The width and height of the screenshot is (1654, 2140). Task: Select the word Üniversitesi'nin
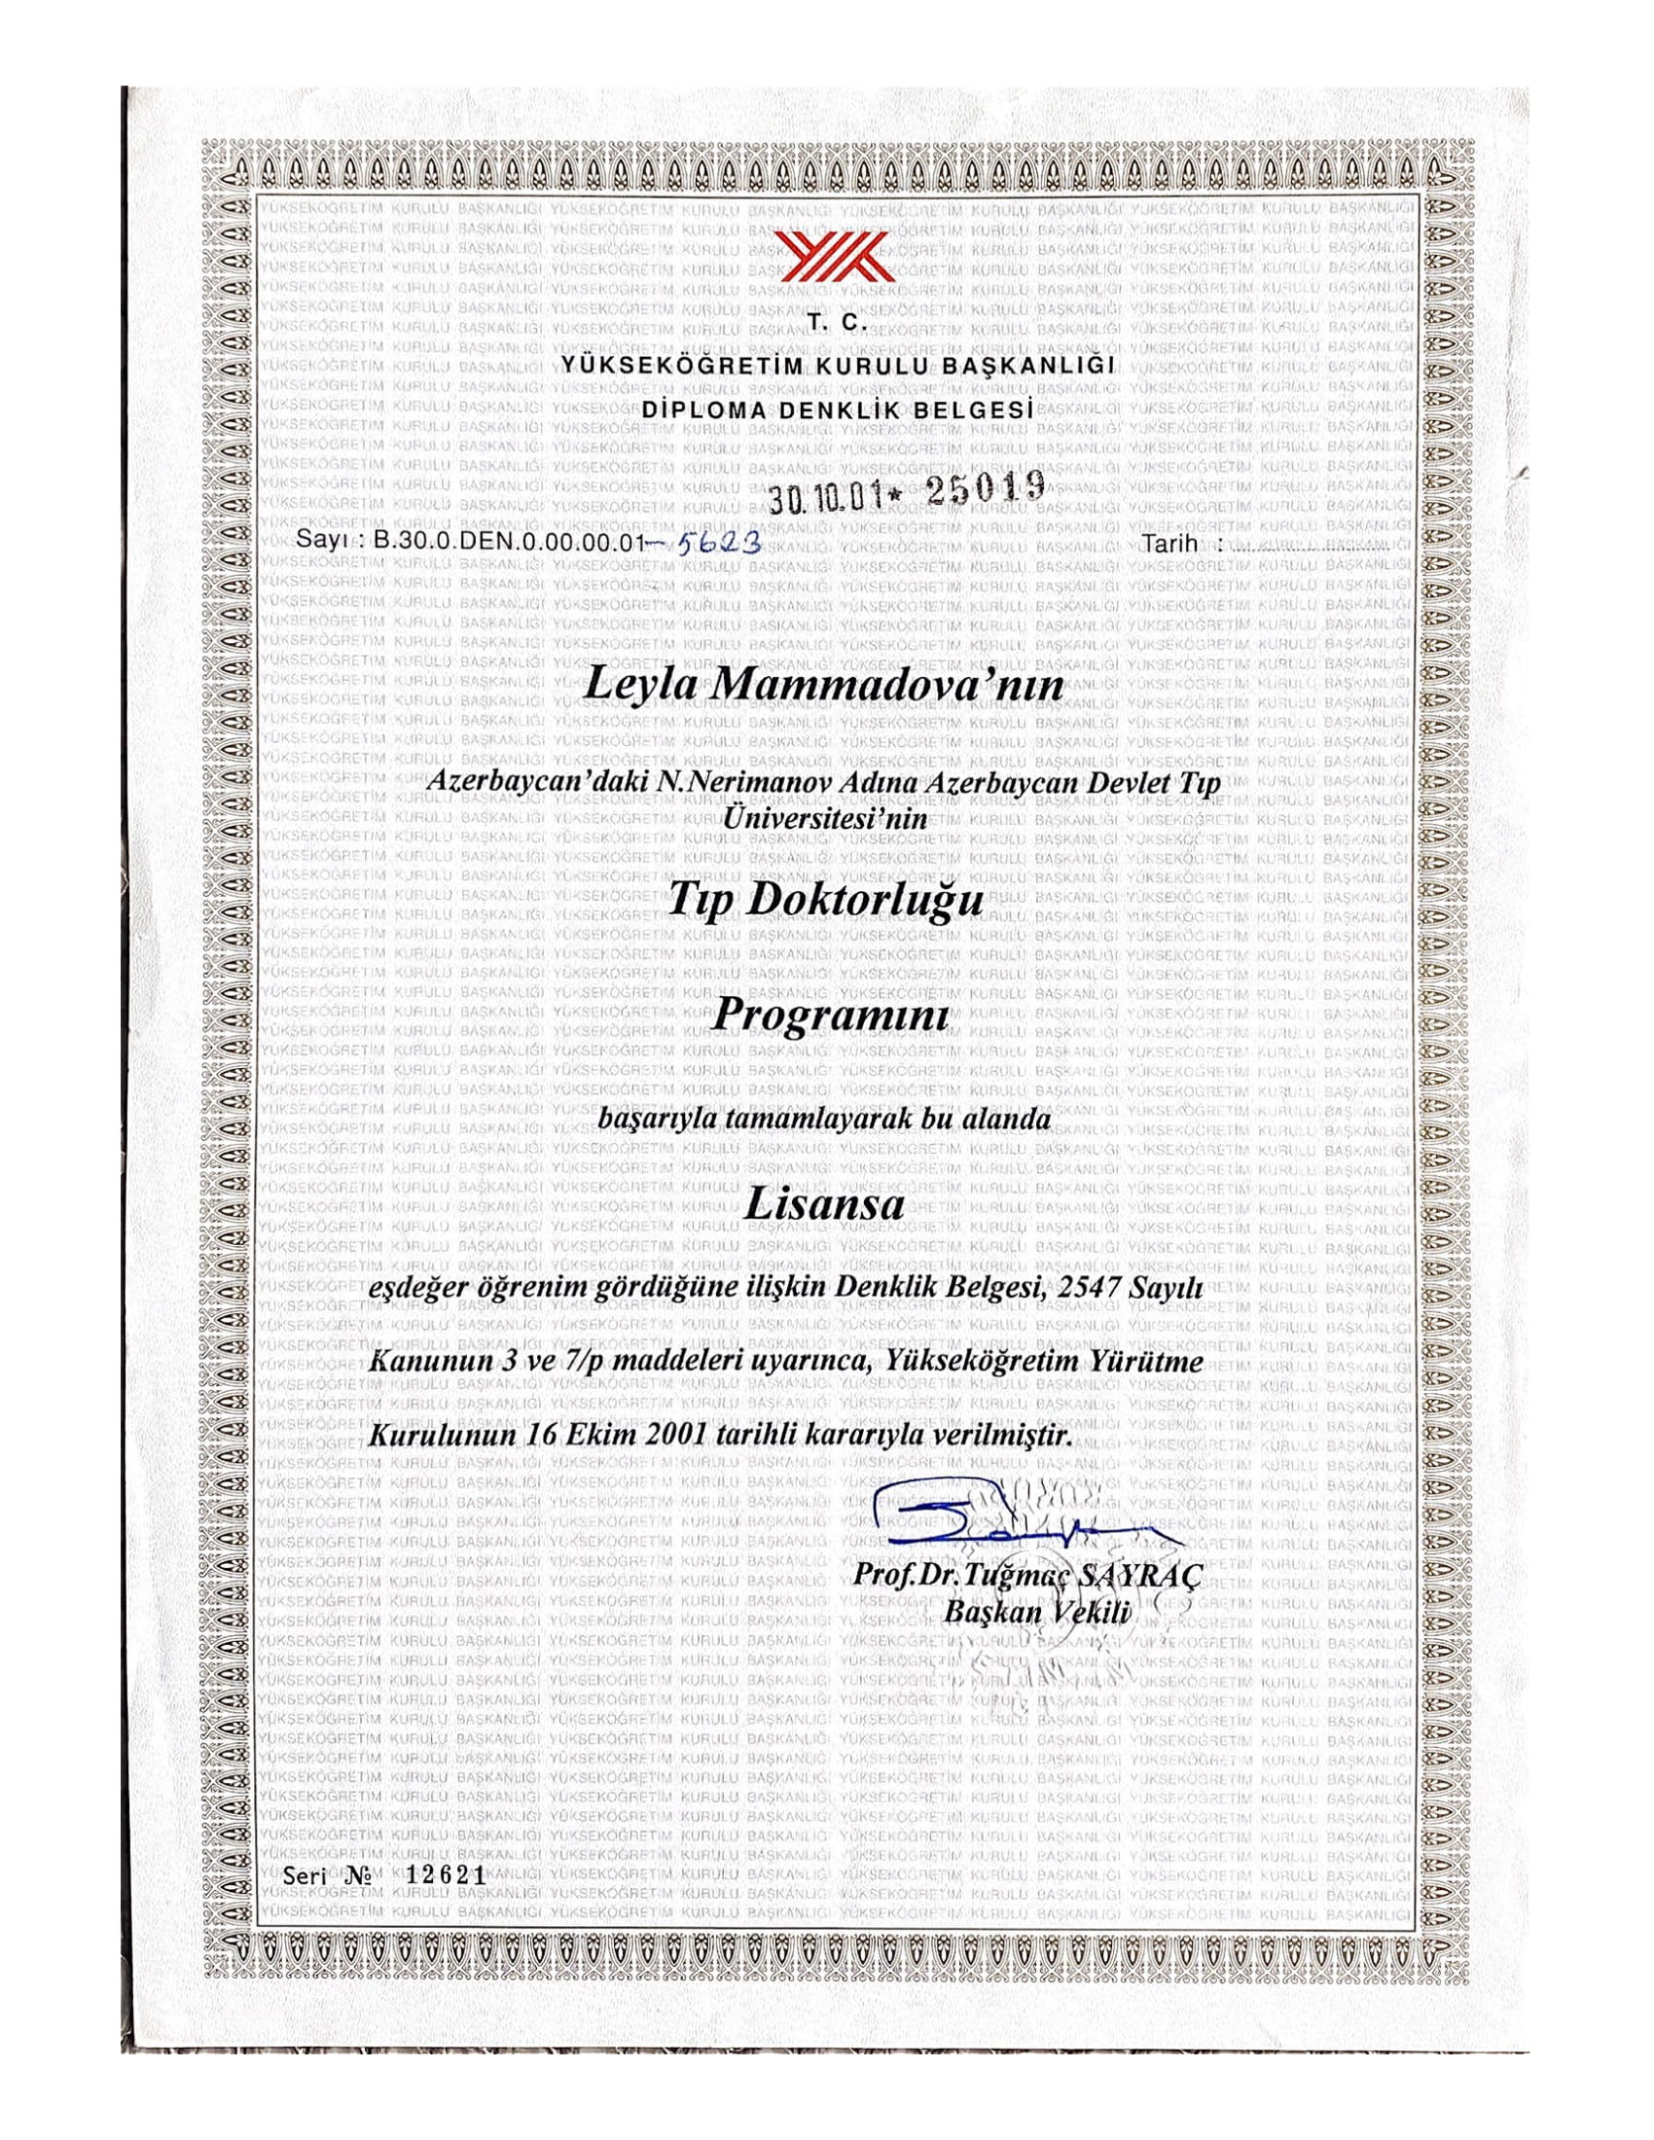[x=823, y=819]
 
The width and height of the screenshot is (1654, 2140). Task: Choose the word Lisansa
[x=824, y=1204]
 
